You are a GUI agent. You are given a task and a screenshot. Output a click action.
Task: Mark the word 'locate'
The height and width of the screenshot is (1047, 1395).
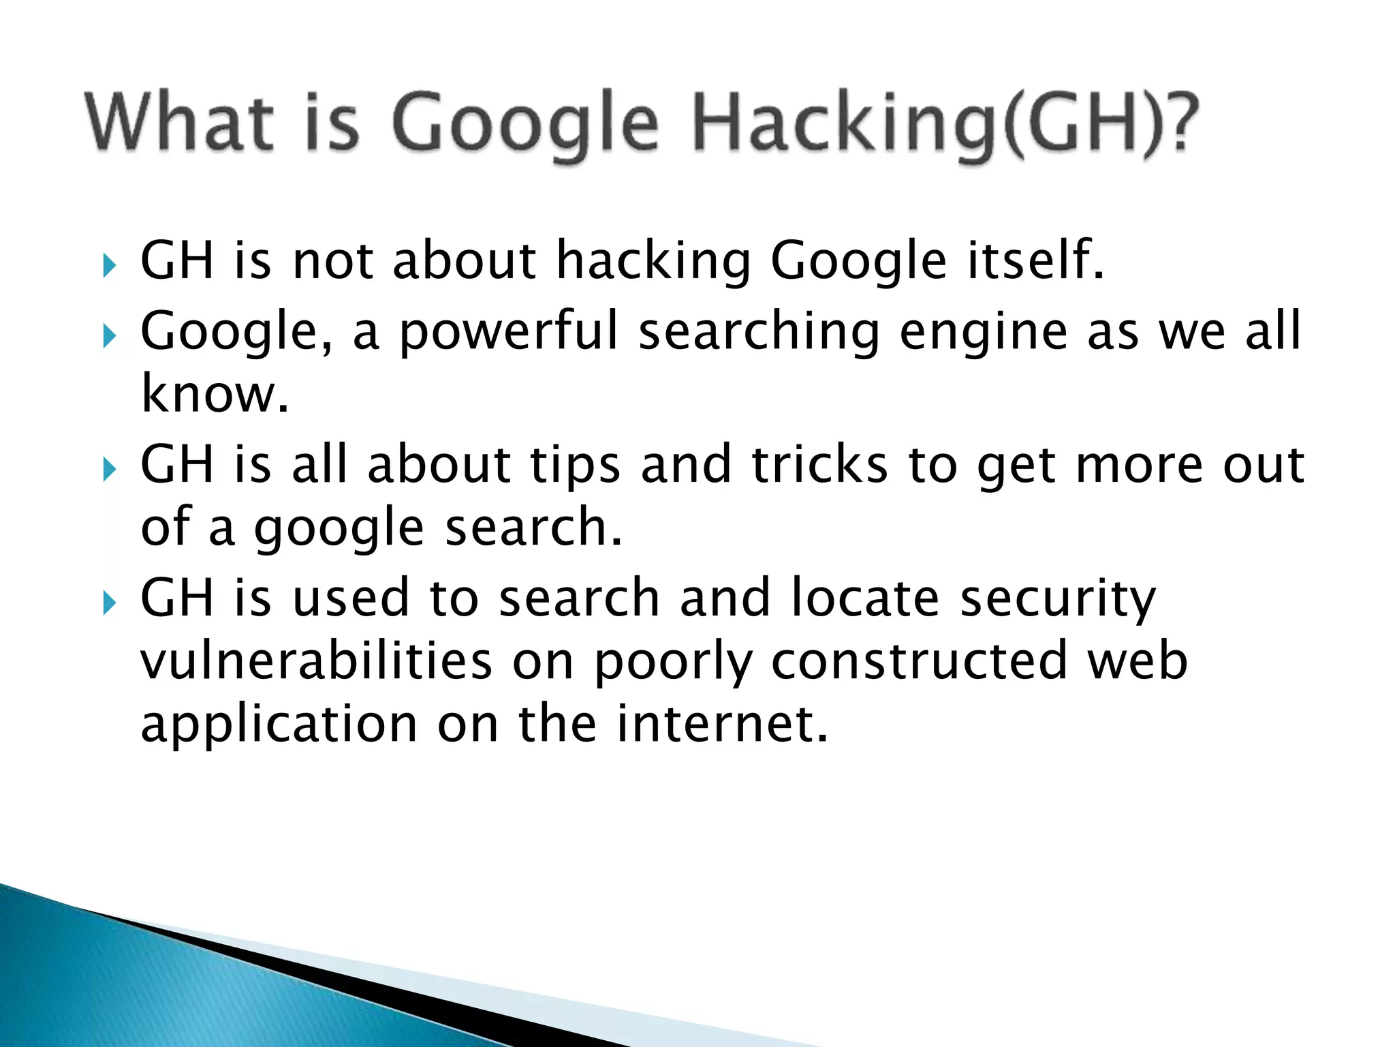pyautogui.click(x=866, y=598)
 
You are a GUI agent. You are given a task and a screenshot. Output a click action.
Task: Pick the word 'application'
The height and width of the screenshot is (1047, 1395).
pyautogui.click(x=279, y=725)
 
